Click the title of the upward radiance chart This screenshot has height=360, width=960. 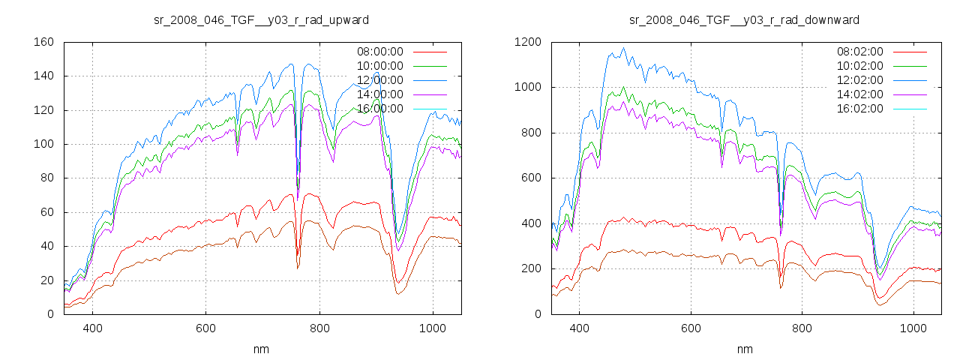click(x=261, y=19)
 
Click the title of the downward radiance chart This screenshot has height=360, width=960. click(x=744, y=19)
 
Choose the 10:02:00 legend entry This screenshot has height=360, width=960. click(x=859, y=66)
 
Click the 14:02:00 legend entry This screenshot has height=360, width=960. click(x=859, y=94)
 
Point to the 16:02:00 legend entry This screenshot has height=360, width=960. click(x=859, y=109)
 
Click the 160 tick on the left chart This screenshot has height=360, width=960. click(x=44, y=42)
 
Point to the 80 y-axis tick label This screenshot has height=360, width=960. click(x=47, y=178)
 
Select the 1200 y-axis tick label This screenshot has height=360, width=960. click(x=528, y=42)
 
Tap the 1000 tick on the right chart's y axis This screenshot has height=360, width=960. click(x=528, y=87)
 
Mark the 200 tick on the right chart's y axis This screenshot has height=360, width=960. click(x=531, y=268)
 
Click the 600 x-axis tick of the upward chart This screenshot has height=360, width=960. click(x=206, y=328)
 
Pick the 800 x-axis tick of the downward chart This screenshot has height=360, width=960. click(x=802, y=328)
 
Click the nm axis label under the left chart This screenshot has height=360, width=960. click(x=262, y=349)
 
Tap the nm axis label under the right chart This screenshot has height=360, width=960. click(x=744, y=349)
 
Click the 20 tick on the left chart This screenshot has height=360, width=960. click(x=47, y=280)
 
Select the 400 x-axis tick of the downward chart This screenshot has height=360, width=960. click(x=579, y=328)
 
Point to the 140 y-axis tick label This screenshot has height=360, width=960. click(x=44, y=76)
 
